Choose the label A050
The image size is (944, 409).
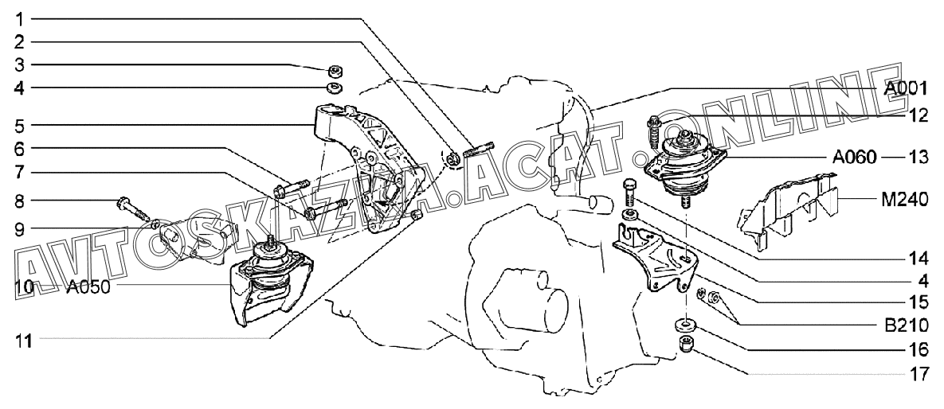click(x=87, y=286)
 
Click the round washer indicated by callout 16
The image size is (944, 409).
click(x=684, y=325)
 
